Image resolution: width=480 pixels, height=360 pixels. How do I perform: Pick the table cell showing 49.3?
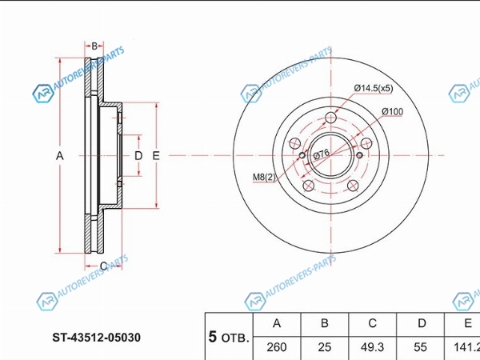coord(373,348)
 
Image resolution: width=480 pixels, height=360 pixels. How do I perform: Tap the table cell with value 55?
coord(421,348)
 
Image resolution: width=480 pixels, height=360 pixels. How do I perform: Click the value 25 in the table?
coord(325,348)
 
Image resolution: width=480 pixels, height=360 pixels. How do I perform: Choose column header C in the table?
coord(373,323)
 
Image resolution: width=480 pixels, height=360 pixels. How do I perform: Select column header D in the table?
coord(421,323)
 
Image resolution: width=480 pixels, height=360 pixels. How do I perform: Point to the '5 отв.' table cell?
coord(229,337)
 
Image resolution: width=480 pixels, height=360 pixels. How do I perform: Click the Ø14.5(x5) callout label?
coord(374,88)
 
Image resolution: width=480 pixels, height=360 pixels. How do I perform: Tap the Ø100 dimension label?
coord(391,110)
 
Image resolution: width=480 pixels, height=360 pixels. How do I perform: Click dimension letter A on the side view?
coord(59,156)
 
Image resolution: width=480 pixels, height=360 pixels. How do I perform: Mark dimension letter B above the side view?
coord(94,46)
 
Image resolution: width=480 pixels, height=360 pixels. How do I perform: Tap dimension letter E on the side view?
coord(157,156)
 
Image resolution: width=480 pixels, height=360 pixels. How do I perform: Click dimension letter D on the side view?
coord(138,156)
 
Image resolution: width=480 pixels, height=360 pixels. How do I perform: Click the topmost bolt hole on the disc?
coord(331,118)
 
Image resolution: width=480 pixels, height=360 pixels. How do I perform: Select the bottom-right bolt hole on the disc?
coord(354,187)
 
